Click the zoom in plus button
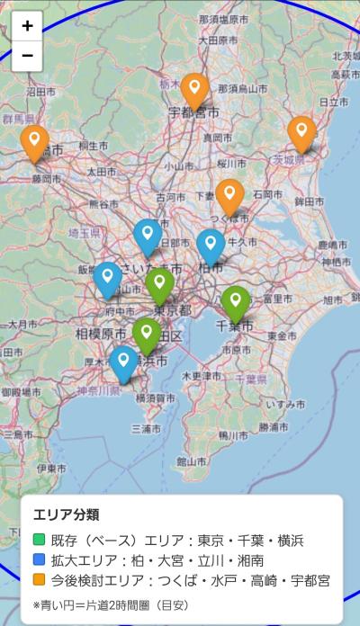click(x=27, y=26)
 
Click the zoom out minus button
click(x=27, y=55)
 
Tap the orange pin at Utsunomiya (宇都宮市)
click(x=195, y=90)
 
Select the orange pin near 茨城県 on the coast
click(x=301, y=133)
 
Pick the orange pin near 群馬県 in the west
click(x=35, y=142)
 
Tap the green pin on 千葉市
click(x=236, y=302)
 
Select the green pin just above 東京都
click(x=159, y=284)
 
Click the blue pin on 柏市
click(x=211, y=246)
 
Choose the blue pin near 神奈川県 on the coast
click(x=123, y=362)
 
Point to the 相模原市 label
click(x=100, y=333)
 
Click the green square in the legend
click(x=39, y=541)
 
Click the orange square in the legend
click(x=39, y=580)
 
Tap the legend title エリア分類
click(x=66, y=514)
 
